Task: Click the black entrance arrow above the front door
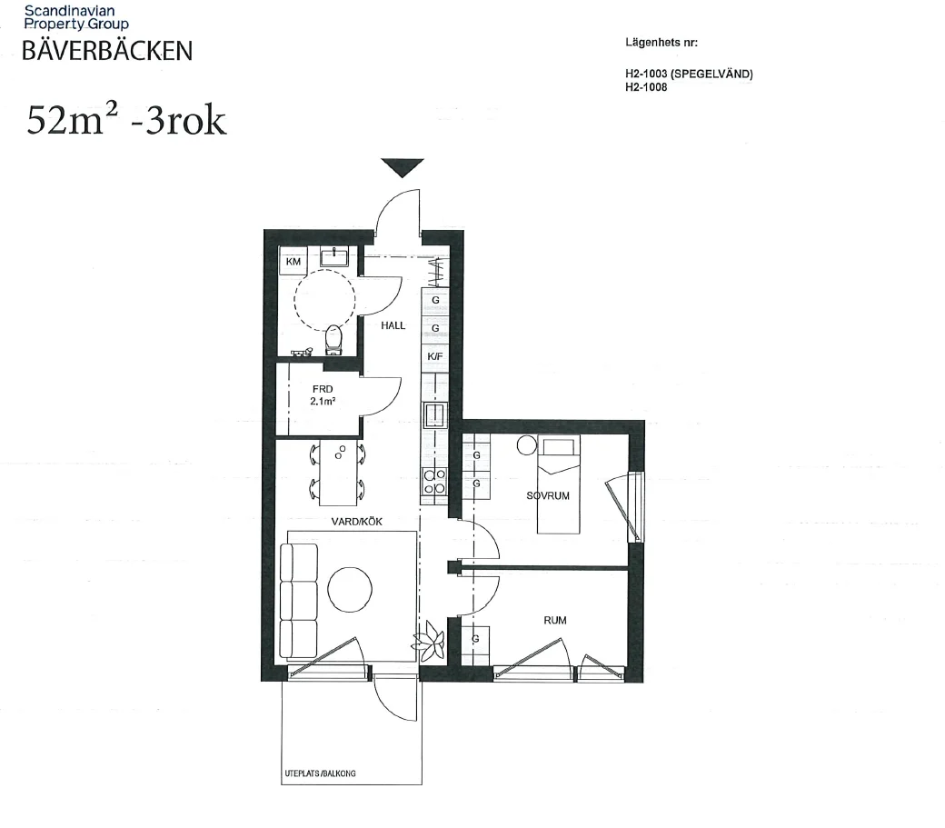[x=403, y=167]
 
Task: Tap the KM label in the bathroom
[x=293, y=262]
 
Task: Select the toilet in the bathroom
[x=333, y=340]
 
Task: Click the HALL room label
[x=393, y=325]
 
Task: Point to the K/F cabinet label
[x=435, y=356]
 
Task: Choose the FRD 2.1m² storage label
[x=323, y=395]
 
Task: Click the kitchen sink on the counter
[x=435, y=414]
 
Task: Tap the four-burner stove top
[x=434, y=482]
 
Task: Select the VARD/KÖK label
[x=357, y=522]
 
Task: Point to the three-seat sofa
[x=299, y=601]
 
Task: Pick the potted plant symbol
[x=429, y=640]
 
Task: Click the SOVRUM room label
[x=548, y=496]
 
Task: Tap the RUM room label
[x=555, y=620]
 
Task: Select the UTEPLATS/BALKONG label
[x=320, y=773]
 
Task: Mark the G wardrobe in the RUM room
[x=475, y=644]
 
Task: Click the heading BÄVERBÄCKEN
[x=107, y=51]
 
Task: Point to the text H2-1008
[x=646, y=86]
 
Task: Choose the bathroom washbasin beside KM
[x=333, y=257]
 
